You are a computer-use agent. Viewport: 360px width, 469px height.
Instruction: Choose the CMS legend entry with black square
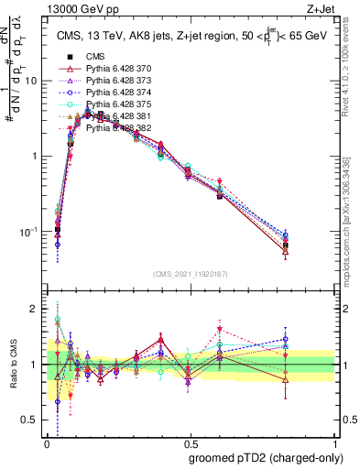click(95, 58)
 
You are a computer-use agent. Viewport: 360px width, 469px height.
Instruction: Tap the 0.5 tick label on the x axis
click(191, 442)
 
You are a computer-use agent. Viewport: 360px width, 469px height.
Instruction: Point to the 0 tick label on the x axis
click(47, 442)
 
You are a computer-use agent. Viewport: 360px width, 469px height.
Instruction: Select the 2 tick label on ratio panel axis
click(37, 309)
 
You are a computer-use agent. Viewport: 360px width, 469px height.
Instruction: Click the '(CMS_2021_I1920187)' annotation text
click(191, 274)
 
